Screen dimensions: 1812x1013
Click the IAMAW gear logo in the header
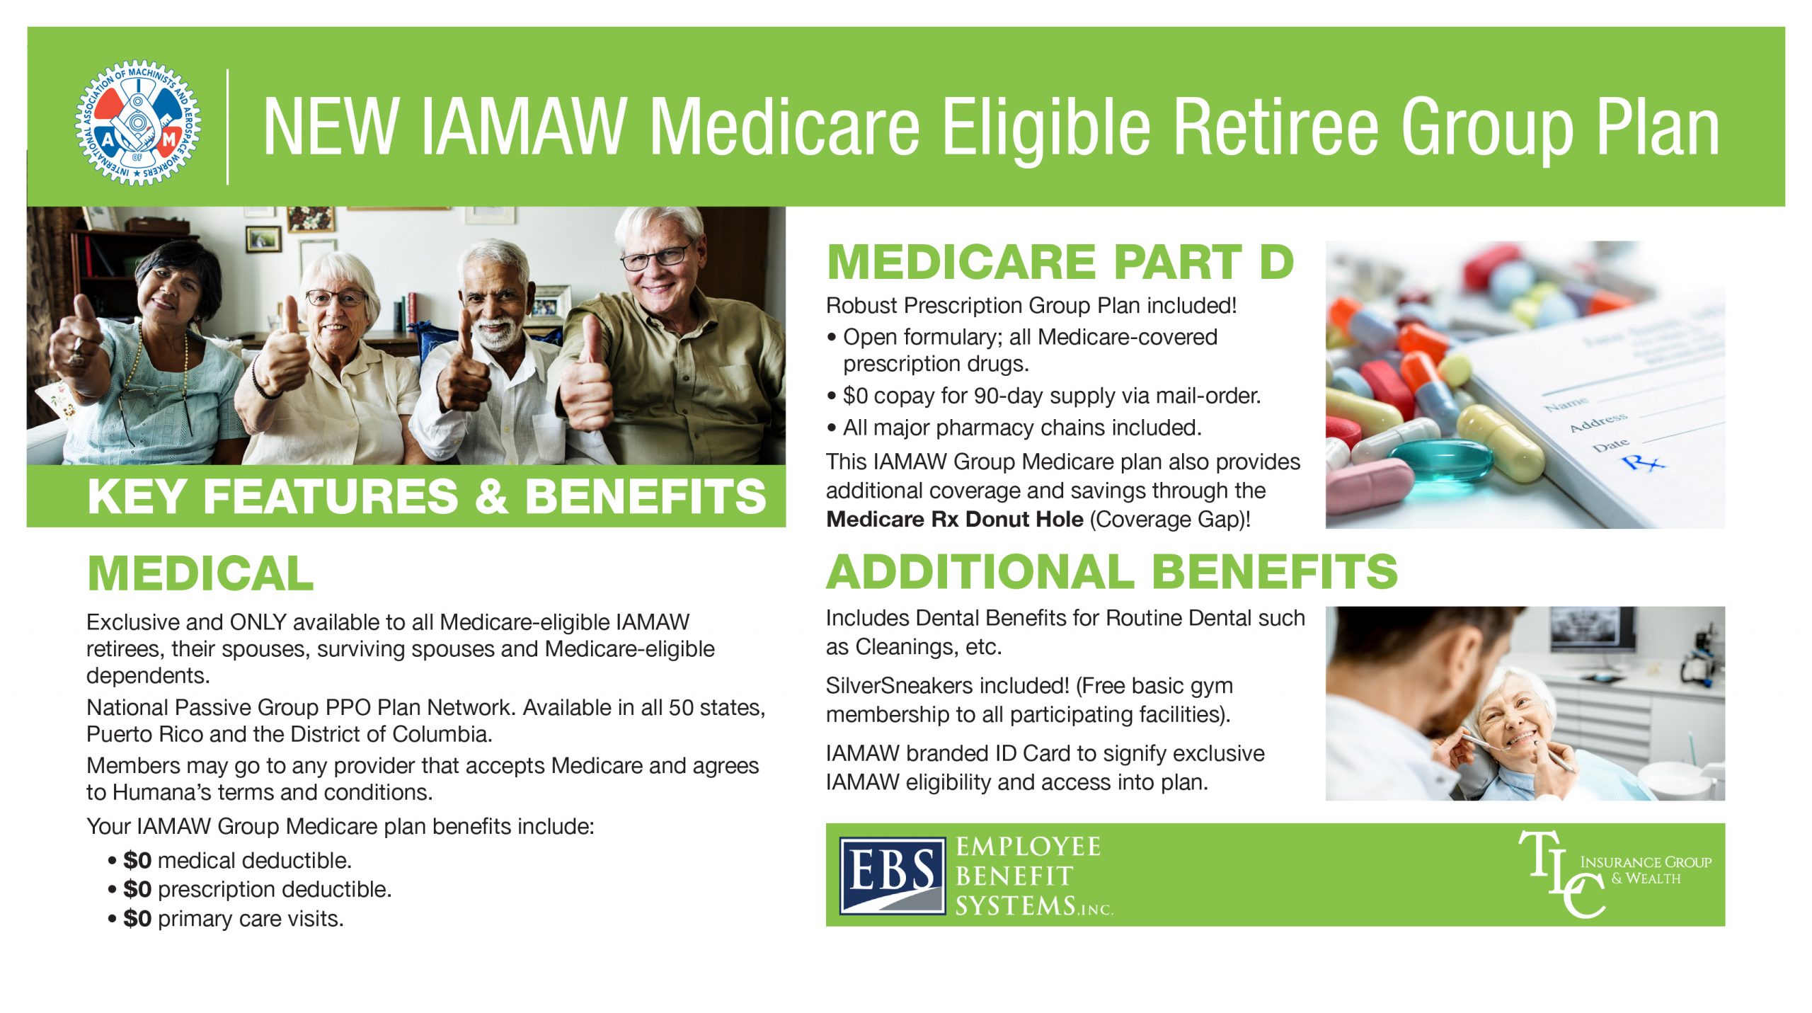138,122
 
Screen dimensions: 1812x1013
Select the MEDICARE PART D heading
1060,261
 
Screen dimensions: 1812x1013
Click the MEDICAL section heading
200,573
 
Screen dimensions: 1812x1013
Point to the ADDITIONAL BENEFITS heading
1112,571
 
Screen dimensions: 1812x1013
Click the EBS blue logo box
892,876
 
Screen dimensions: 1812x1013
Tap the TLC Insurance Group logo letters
1561,875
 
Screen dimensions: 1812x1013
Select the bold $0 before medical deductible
137,860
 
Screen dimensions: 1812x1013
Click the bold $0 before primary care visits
137,918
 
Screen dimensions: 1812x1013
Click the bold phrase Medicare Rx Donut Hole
955,519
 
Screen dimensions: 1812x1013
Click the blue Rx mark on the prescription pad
1644,463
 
